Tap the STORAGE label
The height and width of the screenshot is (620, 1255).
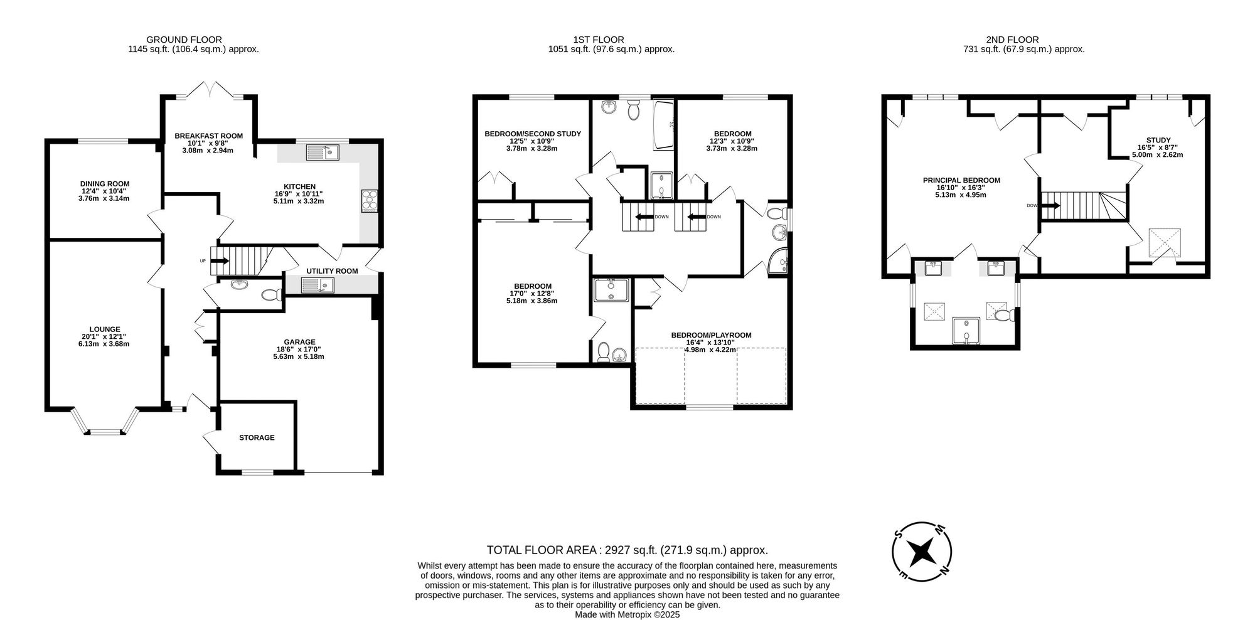click(x=257, y=437)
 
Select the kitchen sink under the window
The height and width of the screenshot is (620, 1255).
click(x=322, y=152)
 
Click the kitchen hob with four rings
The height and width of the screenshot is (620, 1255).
click(x=370, y=200)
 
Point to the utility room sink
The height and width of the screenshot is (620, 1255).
click(x=318, y=286)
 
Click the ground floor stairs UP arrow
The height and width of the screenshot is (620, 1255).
click(x=221, y=261)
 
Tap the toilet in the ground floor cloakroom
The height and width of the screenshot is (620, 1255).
click(x=271, y=294)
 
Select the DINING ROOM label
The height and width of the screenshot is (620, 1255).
click(x=105, y=184)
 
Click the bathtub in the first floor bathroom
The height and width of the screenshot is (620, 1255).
click(x=663, y=126)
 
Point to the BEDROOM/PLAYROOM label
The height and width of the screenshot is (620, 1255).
click(x=711, y=335)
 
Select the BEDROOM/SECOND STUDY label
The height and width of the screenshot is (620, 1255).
click(x=533, y=134)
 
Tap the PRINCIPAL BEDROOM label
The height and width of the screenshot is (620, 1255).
click(x=961, y=180)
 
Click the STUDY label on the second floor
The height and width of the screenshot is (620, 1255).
click(x=1158, y=140)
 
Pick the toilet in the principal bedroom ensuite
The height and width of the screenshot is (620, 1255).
click(x=1001, y=315)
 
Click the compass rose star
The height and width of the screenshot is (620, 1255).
click(x=922, y=552)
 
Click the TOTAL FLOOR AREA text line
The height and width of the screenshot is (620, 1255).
click(x=627, y=550)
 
